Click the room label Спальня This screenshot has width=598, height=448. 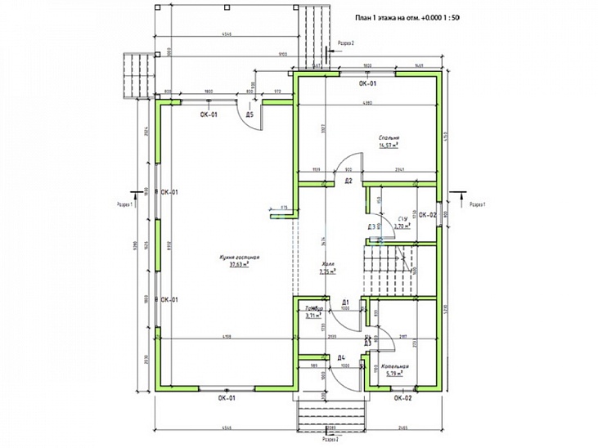click(x=388, y=137)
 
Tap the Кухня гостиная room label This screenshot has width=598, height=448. click(x=239, y=258)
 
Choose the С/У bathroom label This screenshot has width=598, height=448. click(x=402, y=220)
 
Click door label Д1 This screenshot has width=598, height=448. click(x=345, y=302)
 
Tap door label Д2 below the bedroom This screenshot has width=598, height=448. click(x=348, y=180)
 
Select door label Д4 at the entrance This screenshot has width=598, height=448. click(x=341, y=357)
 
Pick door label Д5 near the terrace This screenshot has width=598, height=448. click(x=250, y=115)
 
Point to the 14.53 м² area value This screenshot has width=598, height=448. click(x=388, y=146)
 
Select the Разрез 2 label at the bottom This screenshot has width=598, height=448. click(x=330, y=439)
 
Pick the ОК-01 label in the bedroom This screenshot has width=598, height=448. click(x=367, y=83)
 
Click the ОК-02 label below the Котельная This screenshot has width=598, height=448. click(x=402, y=398)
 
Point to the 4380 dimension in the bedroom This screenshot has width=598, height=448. click(x=367, y=103)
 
